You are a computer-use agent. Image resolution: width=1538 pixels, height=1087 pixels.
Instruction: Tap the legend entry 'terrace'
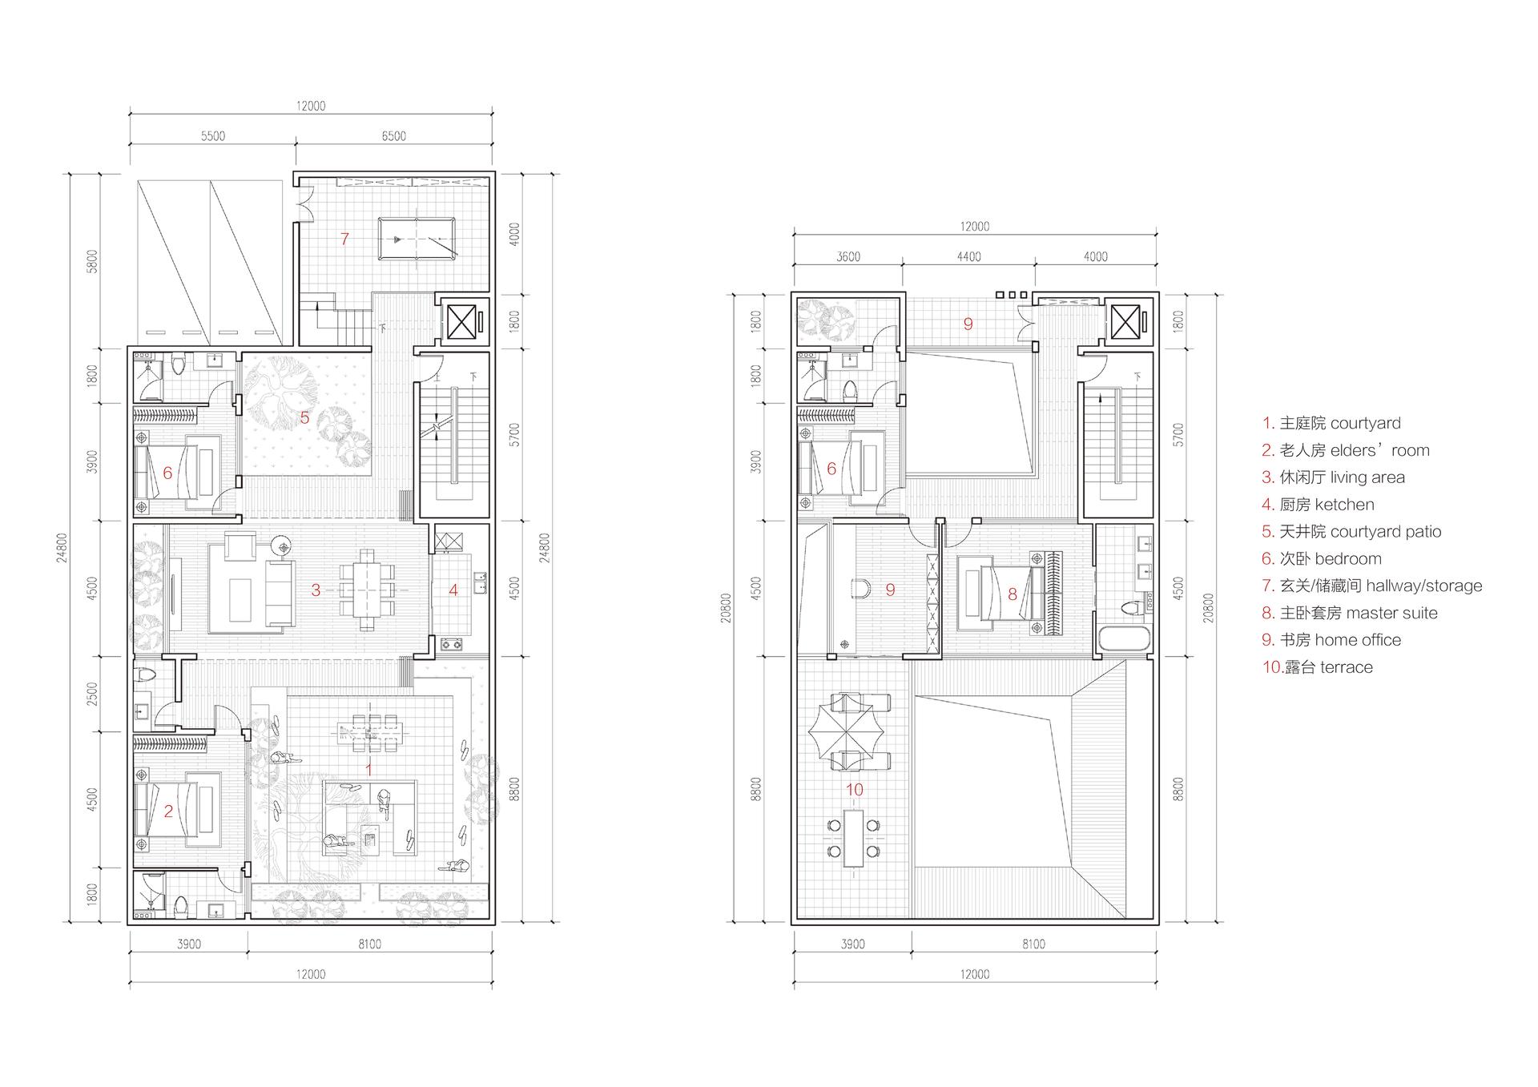click(x=1346, y=667)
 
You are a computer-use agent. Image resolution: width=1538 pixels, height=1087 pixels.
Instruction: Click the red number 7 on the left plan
click(x=344, y=239)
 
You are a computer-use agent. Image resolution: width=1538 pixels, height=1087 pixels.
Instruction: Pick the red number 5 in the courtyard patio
click(x=304, y=417)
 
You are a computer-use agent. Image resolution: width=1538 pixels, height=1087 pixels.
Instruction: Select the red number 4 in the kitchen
click(x=453, y=590)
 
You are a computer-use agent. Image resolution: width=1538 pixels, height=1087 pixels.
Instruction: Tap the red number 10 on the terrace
click(x=855, y=790)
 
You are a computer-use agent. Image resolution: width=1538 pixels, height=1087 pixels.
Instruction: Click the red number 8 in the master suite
click(x=1013, y=594)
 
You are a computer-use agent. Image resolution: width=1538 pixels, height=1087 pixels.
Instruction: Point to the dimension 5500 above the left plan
click(x=213, y=136)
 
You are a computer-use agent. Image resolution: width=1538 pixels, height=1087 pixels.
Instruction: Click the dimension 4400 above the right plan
click(x=968, y=256)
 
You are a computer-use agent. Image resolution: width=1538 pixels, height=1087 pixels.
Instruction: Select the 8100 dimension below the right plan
click(x=1033, y=944)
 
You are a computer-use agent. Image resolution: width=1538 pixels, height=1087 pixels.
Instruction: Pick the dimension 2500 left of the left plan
click(x=93, y=694)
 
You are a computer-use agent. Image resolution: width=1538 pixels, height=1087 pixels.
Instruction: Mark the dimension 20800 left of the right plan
click(x=726, y=608)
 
